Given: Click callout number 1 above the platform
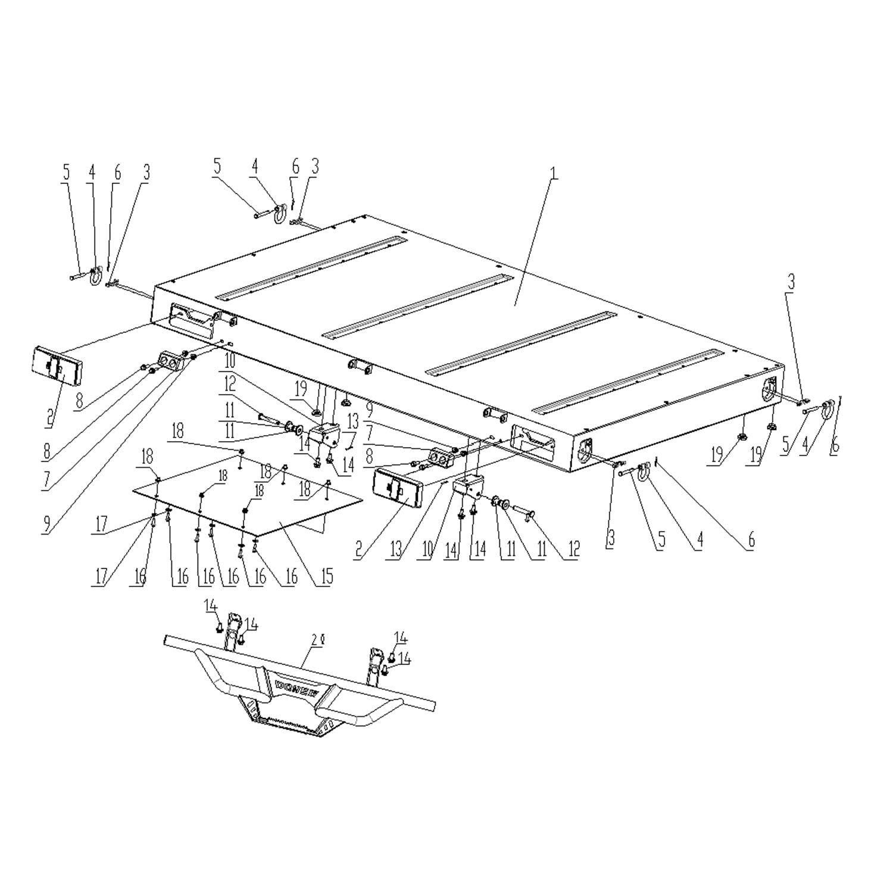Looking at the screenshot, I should pos(554,174).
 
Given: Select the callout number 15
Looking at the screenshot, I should pos(326,576).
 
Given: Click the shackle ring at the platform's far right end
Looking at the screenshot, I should pos(826,410).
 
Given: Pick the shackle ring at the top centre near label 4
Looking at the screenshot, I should pos(278,213).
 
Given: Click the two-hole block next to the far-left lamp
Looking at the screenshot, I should pos(170,361).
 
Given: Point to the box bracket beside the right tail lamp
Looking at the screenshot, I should pos(469,487).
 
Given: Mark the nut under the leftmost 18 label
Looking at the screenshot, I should pos(159,480).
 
